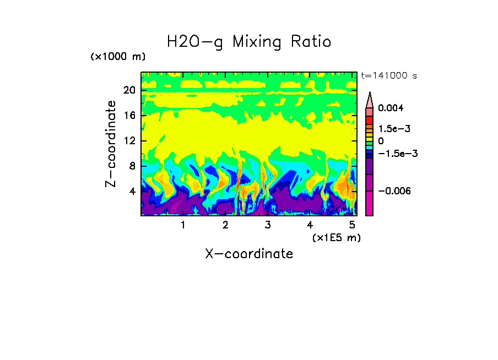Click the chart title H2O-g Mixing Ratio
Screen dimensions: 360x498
click(x=249, y=42)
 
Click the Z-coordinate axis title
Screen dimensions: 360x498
click(x=111, y=144)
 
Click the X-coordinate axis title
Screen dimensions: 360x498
click(x=249, y=254)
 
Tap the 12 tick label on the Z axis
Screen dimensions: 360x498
click(x=129, y=140)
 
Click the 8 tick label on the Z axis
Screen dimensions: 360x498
click(x=131, y=166)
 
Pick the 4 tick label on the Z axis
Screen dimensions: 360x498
click(x=131, y=191)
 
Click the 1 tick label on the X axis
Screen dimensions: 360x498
click(x=183, y=225)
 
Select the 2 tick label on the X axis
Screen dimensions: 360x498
click(x=225, y=225)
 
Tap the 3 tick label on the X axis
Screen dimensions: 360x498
click(x=268, y=225)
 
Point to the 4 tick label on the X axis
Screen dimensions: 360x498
click(x=310, y=225)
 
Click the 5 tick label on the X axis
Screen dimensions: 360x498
click(x=352, y=225)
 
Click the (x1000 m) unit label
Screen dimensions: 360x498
click(x=118, y=57)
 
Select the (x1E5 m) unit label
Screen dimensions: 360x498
click(x=336, y=237)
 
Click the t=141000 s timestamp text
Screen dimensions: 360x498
click(x=388, y=75)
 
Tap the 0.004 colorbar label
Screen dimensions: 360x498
click(x=391, y=108)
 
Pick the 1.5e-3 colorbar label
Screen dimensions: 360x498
click(x=394, y=128)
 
